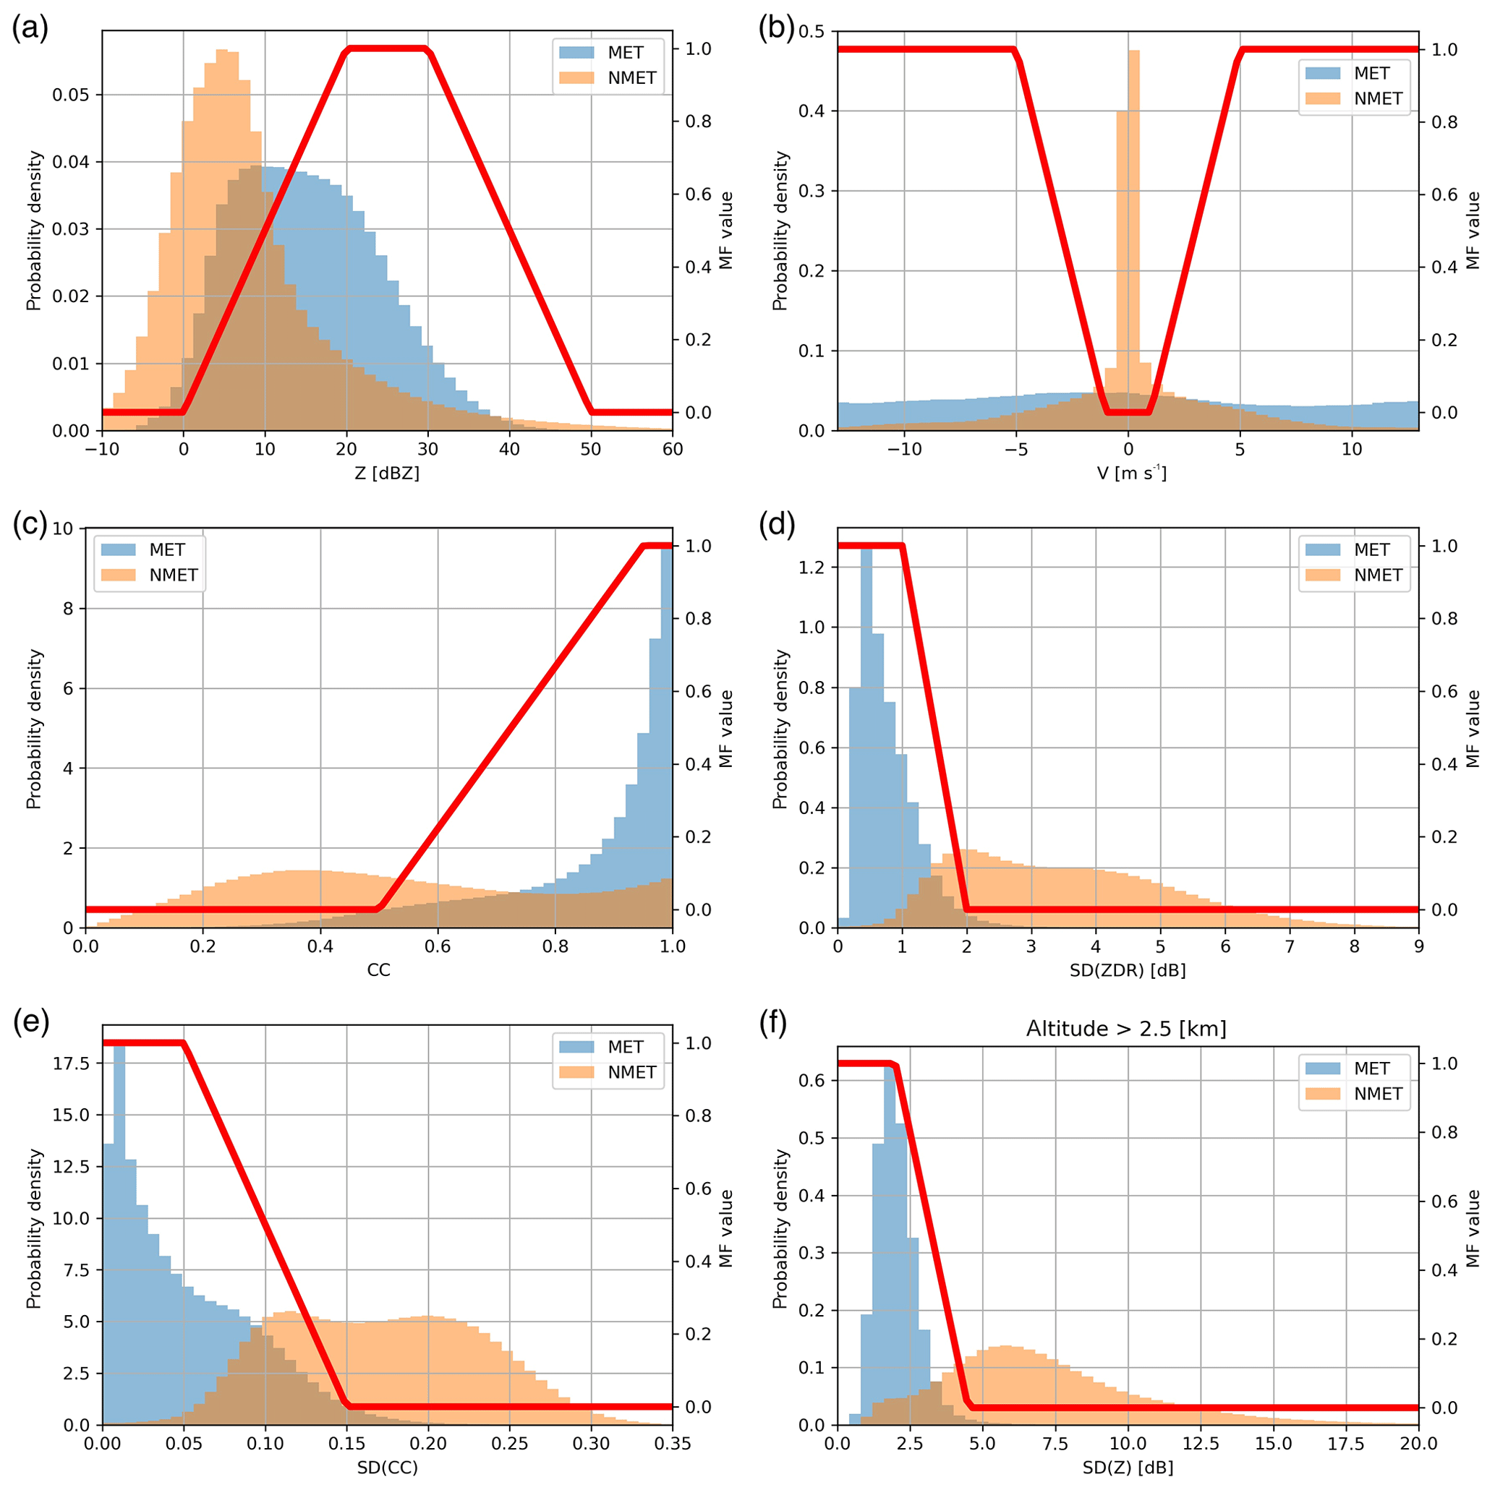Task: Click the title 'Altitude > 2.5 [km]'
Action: [x=1126, y=1029]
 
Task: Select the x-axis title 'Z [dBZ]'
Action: [x=387, y=473]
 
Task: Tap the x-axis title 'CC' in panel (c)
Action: [x=378, y=970]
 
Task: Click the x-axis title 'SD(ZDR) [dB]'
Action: [x=1128, y=970]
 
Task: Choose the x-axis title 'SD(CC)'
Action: [x=387, y=1468]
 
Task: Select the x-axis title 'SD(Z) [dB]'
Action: [x=1128, y=1468]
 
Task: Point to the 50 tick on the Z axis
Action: [x=591, y=450]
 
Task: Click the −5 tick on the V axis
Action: [x=1016, y=450]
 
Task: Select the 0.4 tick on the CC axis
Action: [x=320, y=946]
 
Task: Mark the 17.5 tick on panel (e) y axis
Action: [x=71, y=1063]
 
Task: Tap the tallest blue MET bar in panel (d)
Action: [x=866, y=735]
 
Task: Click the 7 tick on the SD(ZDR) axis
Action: [x=1289, y=946]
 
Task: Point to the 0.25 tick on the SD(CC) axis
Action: [x=510, y=1444]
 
